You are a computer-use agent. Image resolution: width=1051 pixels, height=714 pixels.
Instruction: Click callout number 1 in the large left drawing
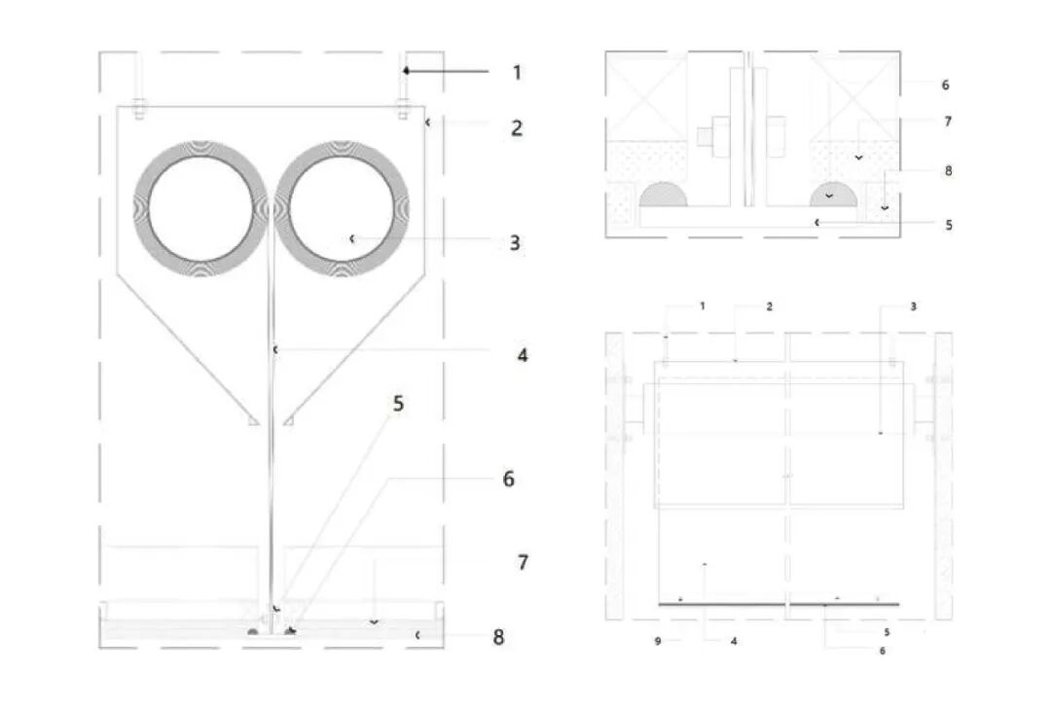(517, 72)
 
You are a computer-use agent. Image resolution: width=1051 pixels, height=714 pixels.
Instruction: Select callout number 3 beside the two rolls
(515, 242)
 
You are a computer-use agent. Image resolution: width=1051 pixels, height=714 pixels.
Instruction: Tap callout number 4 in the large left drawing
(523, 355)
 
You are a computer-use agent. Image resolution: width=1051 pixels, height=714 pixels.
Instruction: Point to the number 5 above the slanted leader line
(398, 404)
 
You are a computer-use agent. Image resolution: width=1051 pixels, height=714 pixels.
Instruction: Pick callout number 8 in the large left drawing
(498, 637)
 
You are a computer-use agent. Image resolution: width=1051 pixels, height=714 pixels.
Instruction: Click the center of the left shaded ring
(201, 209)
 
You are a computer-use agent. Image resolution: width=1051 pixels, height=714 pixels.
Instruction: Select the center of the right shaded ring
(342, 209)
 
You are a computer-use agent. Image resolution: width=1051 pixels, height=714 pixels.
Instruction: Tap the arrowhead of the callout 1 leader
(406, 70)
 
